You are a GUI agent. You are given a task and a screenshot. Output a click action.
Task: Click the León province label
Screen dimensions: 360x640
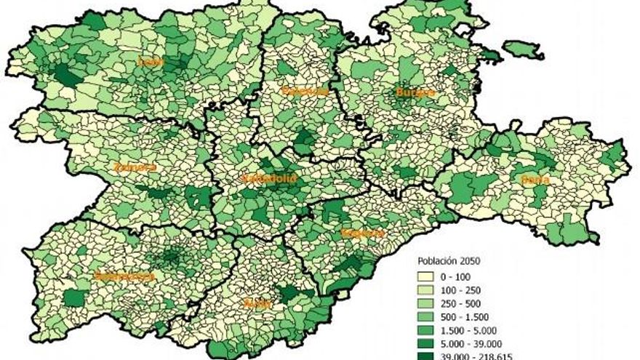pyautogui.click(x=151, y=62)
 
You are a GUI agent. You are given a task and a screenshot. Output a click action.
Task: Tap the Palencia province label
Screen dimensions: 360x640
pyautogui.click(x=304, y=92)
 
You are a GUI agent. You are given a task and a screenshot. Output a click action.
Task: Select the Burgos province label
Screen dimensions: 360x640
pyautogui.click(x=415, y=92)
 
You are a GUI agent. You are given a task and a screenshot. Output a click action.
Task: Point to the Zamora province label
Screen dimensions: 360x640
pyautogui.click(x=135, y=167)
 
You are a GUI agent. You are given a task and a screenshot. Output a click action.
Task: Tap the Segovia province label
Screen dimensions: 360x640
pyautogui.click(x=362, y=233)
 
